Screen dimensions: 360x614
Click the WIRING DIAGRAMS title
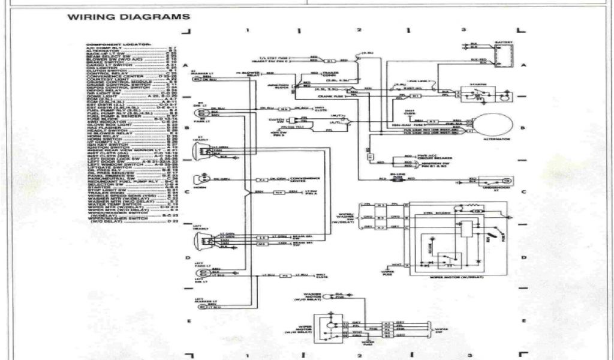129,17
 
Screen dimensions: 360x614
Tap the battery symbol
502,53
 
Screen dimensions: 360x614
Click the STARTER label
477,85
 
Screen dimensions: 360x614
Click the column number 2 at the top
359,29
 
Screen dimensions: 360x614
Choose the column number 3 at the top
463,29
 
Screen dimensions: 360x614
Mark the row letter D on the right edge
523,257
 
